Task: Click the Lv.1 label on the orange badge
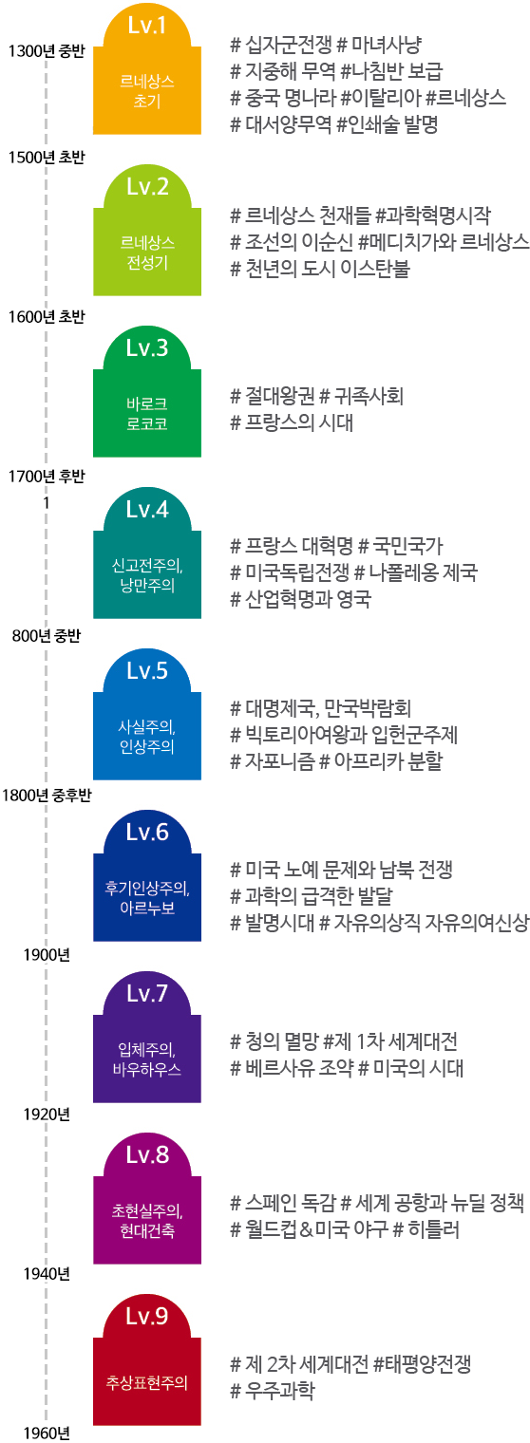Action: pyautogui.click(x=147, y=25)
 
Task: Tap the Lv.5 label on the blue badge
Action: pyautogui.click(x=147, y=670)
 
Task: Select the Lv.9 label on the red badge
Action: pyautogui.click(x=147, y=1316)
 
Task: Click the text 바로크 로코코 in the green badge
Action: pyautogui.click(x=147, y=414)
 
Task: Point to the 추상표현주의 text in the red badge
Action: pyautogui.click(x=147, y=1382)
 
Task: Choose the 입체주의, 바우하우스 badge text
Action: pyautogui.click(x=147, y=1059)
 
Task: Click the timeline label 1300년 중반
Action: pyautogui.click(x=47, y=51)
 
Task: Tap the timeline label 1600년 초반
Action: pyautogui.click(x=47, y=317)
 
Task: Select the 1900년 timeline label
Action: pyautogui.click(x=47, y=955)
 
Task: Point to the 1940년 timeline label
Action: pyautogui.click(x=47, y=1274)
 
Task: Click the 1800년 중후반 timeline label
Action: pyautogui.click(x=47, y=796)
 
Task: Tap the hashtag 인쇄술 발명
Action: pyautogui.click(x=388, y=123)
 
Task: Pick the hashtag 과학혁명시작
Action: pyautogui.click(x=433, y=216)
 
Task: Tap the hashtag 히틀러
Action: pyautogui.click(x=426, y=1229)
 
